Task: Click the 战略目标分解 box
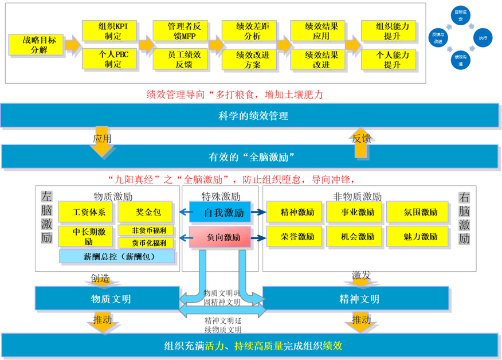click(36, 44)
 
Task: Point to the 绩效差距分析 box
click(248, 31)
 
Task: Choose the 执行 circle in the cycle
click(483, 38)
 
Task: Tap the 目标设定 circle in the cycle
click(460, 15)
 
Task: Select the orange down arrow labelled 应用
click(102, 142)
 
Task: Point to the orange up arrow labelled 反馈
click(360, 141)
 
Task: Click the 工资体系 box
click(89, 213)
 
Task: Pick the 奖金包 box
click(148, 213)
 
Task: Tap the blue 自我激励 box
click(220, 213)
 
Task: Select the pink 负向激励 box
click(220, 237)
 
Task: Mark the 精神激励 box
click(294, 213)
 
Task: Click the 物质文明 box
click(107, 299)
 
